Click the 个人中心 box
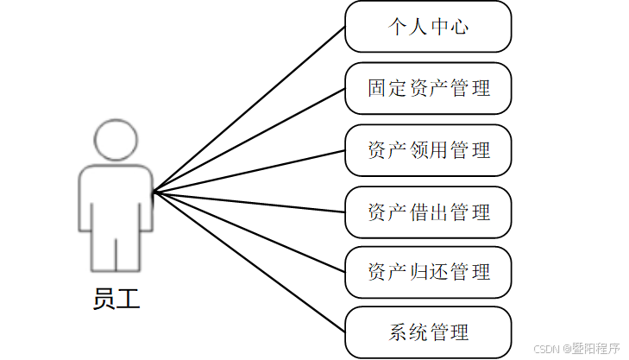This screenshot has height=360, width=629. point(428,27)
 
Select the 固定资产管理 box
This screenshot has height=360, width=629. point(428,88)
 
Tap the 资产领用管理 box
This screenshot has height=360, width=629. point(428,150)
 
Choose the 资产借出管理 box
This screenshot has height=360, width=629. point(428,212)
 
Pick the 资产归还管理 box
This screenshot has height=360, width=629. point(428,273)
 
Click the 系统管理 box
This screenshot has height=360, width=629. point(428,332)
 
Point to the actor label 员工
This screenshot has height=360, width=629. point(116,299)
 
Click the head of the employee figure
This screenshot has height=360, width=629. point(116,140)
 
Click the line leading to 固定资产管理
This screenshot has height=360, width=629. point(248,140)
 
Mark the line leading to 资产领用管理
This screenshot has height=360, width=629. point(248,170)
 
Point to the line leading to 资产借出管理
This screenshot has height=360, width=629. point(248,202)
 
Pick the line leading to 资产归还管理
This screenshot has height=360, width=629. point(248,232)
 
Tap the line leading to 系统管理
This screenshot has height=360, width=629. point(248,262)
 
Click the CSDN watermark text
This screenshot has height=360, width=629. point(576,349)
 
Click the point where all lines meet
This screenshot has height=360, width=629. point(154,192)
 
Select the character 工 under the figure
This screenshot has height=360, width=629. point(128,299)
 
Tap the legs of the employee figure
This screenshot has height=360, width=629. point(116,250)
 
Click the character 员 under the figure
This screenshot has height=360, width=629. point(104,299)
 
